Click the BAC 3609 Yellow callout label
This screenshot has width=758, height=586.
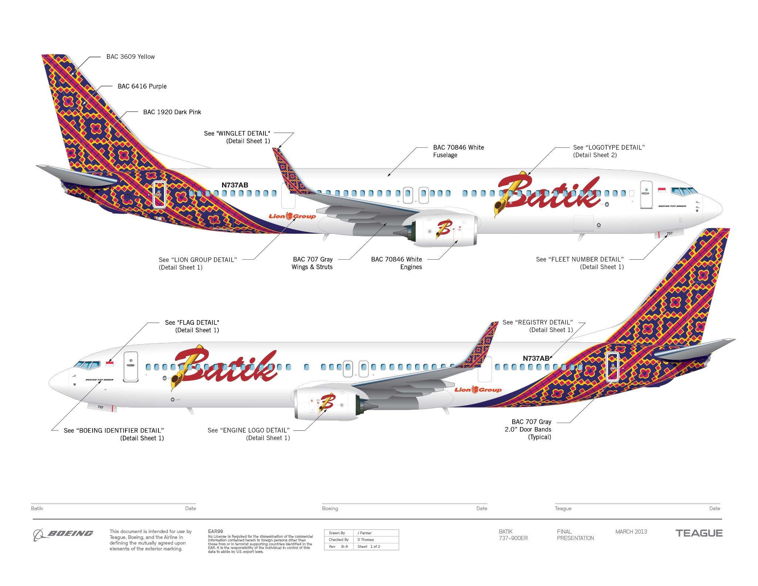130,57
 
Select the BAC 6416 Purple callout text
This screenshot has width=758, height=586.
142,86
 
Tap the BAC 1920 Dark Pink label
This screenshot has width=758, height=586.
172,112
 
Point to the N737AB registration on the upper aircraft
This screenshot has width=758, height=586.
235,185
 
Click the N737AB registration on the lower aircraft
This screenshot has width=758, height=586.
536,358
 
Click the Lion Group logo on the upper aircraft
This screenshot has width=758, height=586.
292,216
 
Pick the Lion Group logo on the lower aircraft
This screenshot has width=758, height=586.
478,389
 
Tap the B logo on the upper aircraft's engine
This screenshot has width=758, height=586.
444,228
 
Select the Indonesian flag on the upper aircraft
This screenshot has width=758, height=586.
661,190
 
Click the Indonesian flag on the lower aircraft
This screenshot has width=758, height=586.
110,364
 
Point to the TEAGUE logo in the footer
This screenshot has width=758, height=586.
699,533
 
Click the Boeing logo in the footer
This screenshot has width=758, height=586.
63,534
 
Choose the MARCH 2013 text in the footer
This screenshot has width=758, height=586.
631,532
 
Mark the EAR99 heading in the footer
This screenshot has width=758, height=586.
215,531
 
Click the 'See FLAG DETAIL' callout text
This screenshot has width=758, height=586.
192,323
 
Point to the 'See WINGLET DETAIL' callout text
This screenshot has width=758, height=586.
237,133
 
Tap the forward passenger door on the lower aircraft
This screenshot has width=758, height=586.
131,366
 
